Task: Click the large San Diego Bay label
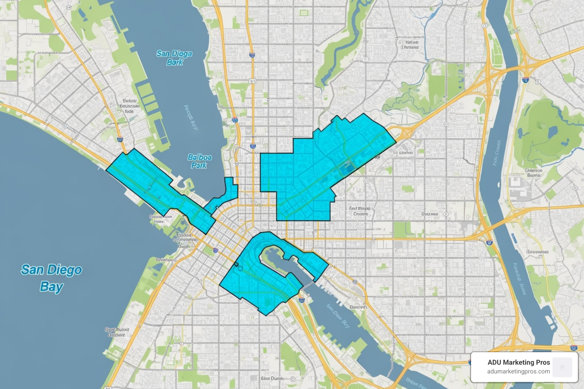pyautogui.click(x=51, y=278)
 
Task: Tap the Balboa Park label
pyautogui.click(x=199, y=161)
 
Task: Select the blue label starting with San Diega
pyautogui.click(x=174, y=58)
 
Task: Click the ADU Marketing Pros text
pyautogui.click(x=519, y=362)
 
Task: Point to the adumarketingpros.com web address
pyautogui.click(x=519, y=372)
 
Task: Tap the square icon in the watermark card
pyautogui.click(x=562, y=367)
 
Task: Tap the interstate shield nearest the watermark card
pyautogui.click(x=574, y=348)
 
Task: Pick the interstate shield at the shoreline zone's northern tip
pyautogui.click(x=120, y=139)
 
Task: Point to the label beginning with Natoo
pyautogui.click(x=409, y=45)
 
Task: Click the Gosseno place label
pyautogui.click(x=430, y=214)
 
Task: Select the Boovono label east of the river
pyautogui.click(x=537, y=252)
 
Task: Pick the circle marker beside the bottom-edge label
pyautogui.click(x=293, y=379)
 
